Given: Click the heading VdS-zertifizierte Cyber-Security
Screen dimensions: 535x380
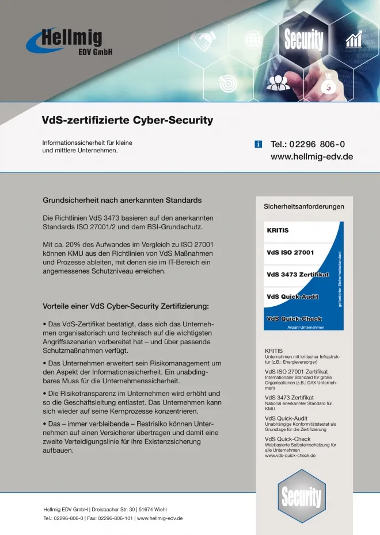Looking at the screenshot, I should click(x=127, y=121).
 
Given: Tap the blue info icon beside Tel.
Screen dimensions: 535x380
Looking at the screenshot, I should click(x=259, y=144).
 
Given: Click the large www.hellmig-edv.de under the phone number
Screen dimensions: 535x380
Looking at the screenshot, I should click(x=311, y=156).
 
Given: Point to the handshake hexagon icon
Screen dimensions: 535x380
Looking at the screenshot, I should click(x=203, y=41).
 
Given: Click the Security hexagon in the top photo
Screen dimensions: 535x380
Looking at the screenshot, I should click(x=303, y=41).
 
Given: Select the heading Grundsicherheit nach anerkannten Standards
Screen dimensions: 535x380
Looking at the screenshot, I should click(x=122, y=201).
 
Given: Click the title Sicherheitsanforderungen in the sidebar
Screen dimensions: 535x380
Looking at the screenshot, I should click(x=303, y=206).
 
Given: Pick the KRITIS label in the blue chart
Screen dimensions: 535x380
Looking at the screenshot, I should click(x=278, y=230).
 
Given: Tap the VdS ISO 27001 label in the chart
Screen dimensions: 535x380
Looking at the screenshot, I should click(x=290, y=252).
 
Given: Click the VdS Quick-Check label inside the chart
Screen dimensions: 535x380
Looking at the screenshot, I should click(x=294, y=318).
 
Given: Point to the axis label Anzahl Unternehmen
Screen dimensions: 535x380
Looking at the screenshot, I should click(x=305, y=328).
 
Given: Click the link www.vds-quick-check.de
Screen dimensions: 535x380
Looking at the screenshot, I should click(x=290, y=456).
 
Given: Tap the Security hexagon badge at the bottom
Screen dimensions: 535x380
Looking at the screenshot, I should click(x=300, y=495).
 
